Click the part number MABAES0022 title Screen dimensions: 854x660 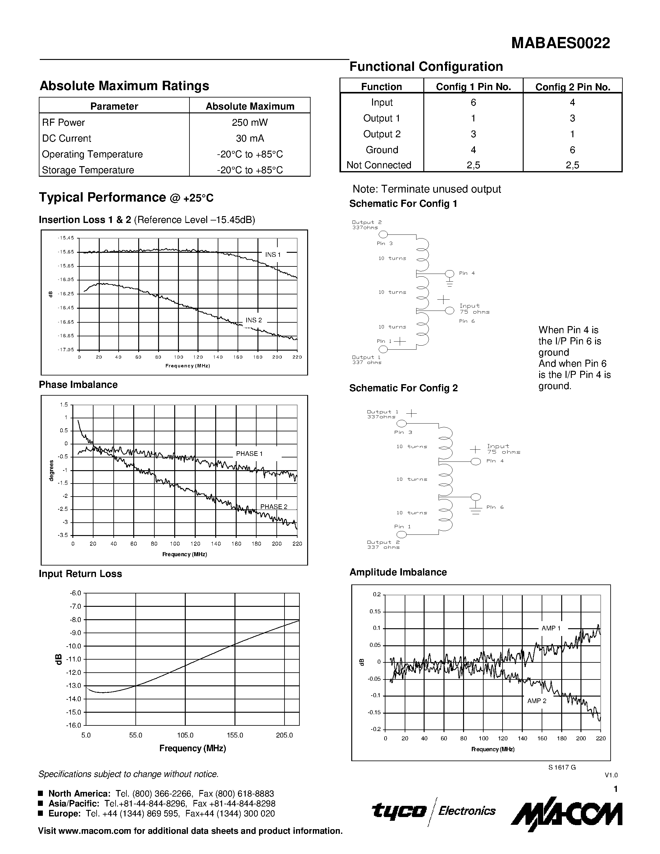tap(560, 43)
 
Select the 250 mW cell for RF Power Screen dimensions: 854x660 tap(249, 122)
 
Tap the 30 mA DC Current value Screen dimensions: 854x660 tap(249, 139)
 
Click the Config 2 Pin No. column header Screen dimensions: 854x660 tap(572, 87)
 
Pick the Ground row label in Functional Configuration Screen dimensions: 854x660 tap(382, 150)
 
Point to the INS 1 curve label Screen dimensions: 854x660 tap(273, 255)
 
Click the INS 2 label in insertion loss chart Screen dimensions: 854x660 tap(254, 320)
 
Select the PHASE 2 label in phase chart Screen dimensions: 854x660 tap(274, 507)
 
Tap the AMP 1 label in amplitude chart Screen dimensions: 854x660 tap(551, 628)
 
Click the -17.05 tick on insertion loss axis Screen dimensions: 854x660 tap(66, 350)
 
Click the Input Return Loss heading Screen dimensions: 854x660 tap(80, 574)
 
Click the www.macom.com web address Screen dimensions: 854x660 tap(94, 831)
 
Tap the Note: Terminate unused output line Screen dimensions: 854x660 tap(426, 189)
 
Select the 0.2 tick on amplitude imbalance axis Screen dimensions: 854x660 tap(376, 594)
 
